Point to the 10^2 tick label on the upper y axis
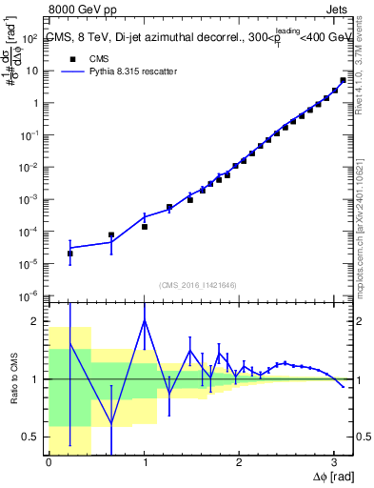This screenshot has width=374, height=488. point(28,39)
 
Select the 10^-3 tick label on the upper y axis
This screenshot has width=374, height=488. point(28,200)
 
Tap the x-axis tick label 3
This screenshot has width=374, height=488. point(334,462)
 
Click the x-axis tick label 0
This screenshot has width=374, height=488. point(49,462)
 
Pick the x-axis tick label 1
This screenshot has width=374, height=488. point(144,462)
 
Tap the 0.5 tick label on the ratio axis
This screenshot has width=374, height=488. point(30,437)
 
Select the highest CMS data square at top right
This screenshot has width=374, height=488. point(343,80)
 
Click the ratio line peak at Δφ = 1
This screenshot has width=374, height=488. point(144,320)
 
